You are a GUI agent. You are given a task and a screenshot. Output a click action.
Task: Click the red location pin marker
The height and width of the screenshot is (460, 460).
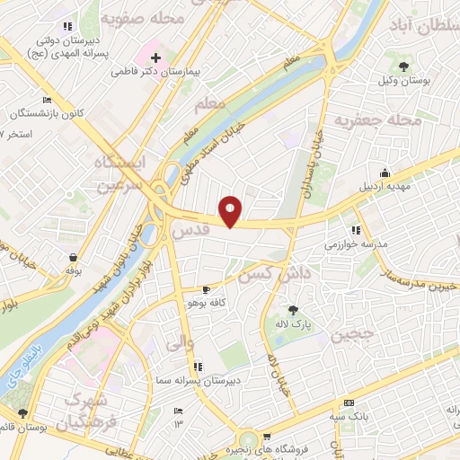pyautogui.click(x=231, y=210)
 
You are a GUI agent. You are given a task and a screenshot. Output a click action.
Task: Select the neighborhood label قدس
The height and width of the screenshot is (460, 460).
pyautogui.click(x=190, y=230)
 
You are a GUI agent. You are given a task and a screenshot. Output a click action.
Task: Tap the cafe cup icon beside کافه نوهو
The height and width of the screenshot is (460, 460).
pyautogui.click(x=208, y=290)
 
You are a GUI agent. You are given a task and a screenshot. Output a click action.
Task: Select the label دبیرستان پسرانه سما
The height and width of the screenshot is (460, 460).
pyautogui.click(x=194, y=382)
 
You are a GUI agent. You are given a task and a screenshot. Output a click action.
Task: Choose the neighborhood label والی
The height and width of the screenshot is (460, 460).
pyautogui.click(x=175, y=342)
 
